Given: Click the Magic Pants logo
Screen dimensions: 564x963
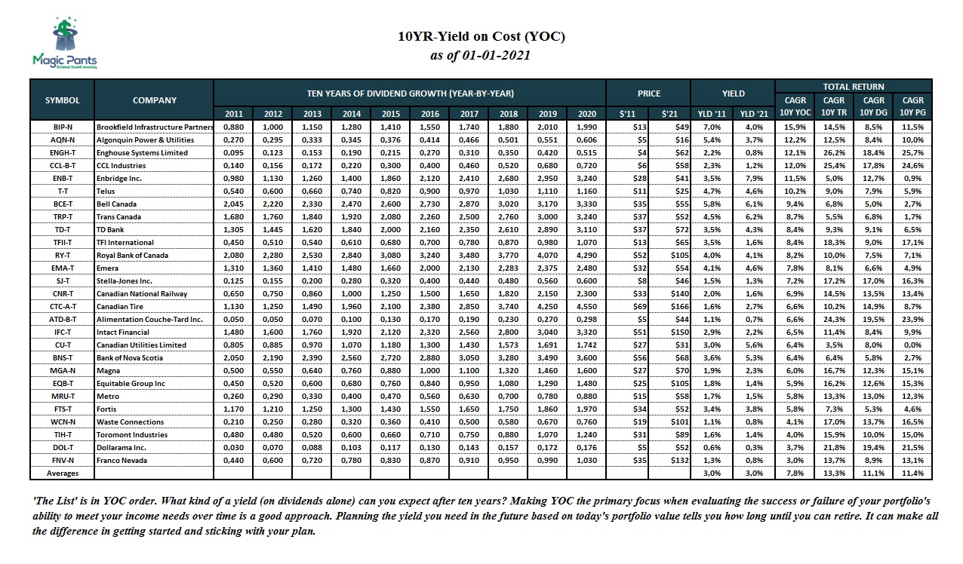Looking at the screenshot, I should pyautogui.click(x=63, y=44).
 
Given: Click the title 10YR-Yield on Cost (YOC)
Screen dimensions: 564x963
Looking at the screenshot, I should pyautogui.click(x=481, y=36).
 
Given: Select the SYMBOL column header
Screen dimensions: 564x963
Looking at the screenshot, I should pyautogui.click(x=63, y=100).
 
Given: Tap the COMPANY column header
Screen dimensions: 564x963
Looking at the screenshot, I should pyautogui.click(x=155, y=100).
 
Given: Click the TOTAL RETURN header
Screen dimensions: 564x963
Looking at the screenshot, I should pyautogui.click(x=854, y=86).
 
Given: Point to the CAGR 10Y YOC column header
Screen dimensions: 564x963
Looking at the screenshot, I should pyautogui.click(x=795, y=106).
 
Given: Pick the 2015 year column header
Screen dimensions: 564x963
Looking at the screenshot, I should pyautogui.click(x=390, y=114).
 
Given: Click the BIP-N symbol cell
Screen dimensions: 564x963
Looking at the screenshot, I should pyautogui.click(x=63, y=127).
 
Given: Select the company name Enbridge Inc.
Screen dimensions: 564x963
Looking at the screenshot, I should pyautogui.click(x=120, y=178).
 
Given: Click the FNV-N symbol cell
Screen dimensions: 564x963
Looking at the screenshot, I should pyautogui.click(x=63, y=460).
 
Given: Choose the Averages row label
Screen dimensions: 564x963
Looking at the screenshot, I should pyautogui.click(x=63, y=473).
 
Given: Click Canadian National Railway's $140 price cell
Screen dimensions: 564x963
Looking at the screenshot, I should pyautogui.click(x=669, y=293).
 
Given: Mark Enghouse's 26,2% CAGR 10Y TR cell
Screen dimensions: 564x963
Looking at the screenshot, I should pyautogui.click(x=834, y=152).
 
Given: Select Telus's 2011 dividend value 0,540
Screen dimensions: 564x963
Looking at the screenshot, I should pyautogui.click(x=234, y=191).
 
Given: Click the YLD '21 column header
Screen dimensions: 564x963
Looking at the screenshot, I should pyautogui.click(x=753, y=114).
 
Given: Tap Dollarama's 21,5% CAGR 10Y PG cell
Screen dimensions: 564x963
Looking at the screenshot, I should pyautogui.click(x=913, y=447).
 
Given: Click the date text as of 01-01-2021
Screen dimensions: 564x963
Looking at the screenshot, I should pyautogui.click(x=480, y=55).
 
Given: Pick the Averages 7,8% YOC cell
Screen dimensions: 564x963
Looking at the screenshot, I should pyautogui.click(x=795, y=473).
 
